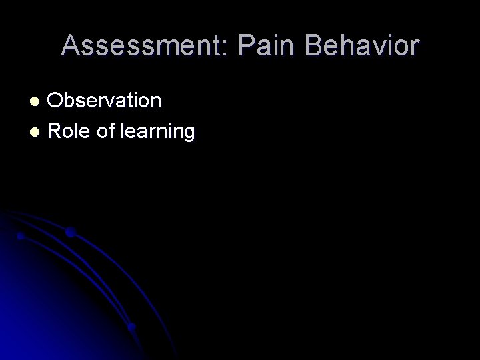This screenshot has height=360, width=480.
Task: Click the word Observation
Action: pos(105,101)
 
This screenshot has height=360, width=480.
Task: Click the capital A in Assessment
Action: pos(70,45)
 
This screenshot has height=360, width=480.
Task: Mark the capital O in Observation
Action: pos(57,101)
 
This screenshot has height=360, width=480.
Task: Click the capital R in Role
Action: pos(55,131)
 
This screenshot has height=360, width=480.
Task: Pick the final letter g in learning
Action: pos(189,134)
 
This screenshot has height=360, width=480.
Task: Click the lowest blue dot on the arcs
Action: pos(131,327)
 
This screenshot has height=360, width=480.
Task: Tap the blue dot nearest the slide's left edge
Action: pos(21,236)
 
